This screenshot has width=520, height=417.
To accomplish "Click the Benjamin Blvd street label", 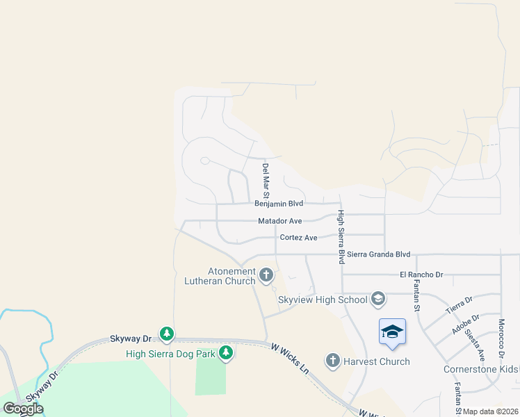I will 279,204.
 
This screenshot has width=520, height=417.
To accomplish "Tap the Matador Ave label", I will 280,221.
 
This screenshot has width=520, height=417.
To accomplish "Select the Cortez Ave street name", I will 298,238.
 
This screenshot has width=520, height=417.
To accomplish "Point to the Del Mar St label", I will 266,178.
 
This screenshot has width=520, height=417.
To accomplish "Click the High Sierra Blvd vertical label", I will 341,237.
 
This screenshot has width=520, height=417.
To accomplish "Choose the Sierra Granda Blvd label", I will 379,255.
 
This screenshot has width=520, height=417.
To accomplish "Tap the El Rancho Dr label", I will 421,275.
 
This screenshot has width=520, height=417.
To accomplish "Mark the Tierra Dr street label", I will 459,304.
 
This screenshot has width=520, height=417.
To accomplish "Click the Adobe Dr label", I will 466,324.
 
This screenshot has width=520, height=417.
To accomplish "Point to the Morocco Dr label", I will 501,336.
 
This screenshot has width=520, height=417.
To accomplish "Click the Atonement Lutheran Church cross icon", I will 266,276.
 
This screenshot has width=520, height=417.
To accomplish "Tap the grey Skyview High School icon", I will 378,300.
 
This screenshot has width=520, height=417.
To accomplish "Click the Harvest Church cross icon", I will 332,361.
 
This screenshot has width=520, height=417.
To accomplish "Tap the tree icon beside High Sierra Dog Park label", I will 225,354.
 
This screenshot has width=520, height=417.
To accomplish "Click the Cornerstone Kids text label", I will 481,369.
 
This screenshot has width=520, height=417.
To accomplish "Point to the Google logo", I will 23,408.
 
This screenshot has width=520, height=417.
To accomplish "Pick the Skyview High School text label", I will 323,300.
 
